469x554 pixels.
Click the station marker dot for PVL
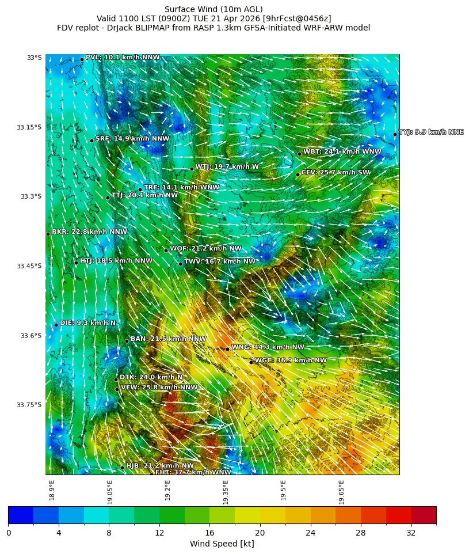pos(82,59)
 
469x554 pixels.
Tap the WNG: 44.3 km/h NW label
pos(268,347)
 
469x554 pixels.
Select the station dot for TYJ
pos(395,134)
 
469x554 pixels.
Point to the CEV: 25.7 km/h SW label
pos(335,172)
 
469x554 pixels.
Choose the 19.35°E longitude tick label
pos(226,492)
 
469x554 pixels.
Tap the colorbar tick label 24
pos(311,533)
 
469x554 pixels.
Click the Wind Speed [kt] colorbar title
pos(222,544)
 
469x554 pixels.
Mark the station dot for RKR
pos(48,234)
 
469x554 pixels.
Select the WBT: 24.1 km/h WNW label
pos(342,151)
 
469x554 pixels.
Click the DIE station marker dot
pos(56,325)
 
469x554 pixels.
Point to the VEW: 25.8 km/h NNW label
pos(159,388)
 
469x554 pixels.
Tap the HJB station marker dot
pos(122,467)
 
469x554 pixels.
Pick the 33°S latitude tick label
pos(34,58)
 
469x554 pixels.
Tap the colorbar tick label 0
pos(9,533)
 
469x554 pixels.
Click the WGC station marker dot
pos(251,362)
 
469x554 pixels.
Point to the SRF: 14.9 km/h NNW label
pos(132,139)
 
